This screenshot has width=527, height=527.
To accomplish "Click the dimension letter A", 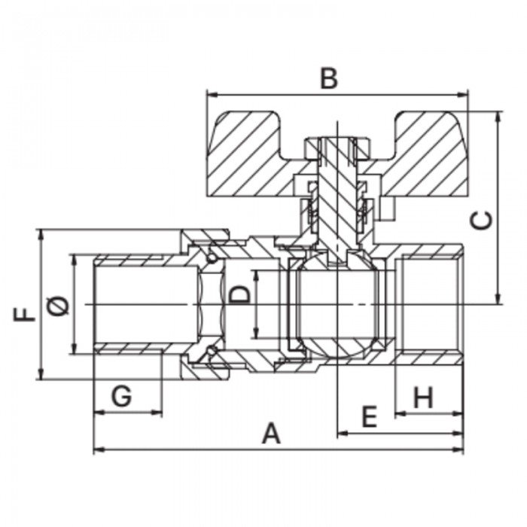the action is click(x=271, y=434).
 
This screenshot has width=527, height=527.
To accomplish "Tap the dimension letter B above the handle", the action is click(x=329, y=78).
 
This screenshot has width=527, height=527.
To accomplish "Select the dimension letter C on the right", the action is click(x=481, y=220).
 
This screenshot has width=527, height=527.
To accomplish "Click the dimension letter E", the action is click(x=370, y=416).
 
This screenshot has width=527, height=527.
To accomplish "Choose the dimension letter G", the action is click(x=121, y=396).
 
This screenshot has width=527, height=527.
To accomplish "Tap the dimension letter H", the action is click(x=423, y=397).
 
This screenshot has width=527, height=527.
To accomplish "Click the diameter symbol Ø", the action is click(x=57, y=306).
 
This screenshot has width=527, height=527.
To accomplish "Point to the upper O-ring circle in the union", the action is click(x=212, y=258).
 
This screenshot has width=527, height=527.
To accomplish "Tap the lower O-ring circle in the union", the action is click(x=212, y=351).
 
